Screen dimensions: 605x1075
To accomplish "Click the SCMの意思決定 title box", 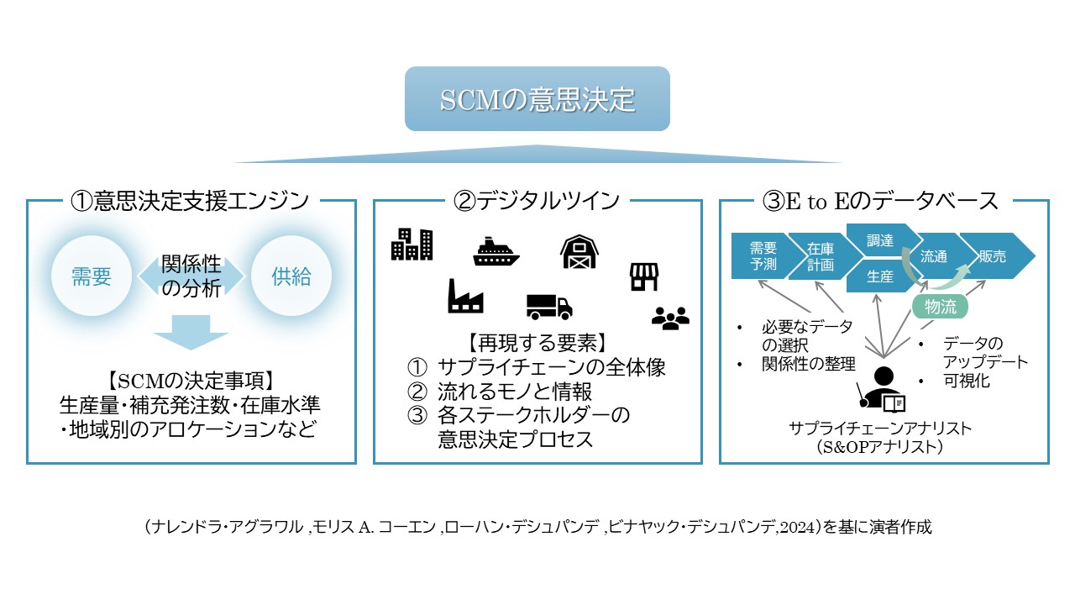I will [x=537, y=99].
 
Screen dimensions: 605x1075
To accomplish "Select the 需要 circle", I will [x=92, y=276].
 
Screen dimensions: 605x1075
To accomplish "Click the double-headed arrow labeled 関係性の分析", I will [x=191, y=276].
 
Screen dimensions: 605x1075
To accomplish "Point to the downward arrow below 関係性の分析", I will [x=191, y=331].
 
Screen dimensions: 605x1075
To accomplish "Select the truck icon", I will [x=549, y=306].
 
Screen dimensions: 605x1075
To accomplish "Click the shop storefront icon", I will [x=643, y=276].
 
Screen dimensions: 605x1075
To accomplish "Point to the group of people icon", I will [x=670, y=316].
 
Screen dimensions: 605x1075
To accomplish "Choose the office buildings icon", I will [x=412, y=244].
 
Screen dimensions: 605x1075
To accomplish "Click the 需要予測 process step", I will [x=763, y=255].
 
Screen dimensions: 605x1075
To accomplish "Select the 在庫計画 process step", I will [x=820, y=255].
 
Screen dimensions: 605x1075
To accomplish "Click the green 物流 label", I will [x=940, y=307].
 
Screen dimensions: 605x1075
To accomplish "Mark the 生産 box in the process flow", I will [x=878, y=276].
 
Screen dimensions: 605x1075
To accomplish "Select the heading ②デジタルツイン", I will [x=537, y=201].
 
